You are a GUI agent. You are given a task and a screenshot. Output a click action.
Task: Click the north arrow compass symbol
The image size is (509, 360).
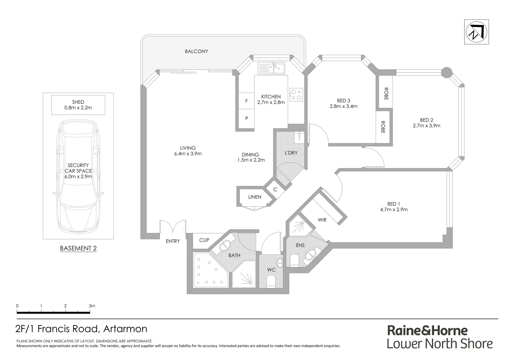(476, 32)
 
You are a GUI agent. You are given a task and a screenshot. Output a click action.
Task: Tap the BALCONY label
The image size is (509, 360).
(196, 51)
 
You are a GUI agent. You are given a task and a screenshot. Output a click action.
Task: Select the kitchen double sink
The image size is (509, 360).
(271, 68)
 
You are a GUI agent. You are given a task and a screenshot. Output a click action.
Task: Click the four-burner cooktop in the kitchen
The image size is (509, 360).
(296, 94)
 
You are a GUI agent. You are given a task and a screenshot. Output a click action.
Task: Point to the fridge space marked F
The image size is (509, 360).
(246, 101)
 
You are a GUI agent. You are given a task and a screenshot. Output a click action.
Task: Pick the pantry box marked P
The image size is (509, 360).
(246, 118)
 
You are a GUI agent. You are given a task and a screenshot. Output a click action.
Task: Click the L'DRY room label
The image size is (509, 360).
(291, 153)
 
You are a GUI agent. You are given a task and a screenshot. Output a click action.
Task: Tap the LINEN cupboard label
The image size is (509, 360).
(254, 197)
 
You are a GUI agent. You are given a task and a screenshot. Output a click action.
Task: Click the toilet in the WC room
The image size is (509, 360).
(271, 282)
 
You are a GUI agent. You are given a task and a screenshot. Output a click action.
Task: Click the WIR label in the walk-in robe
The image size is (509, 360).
(322, 220)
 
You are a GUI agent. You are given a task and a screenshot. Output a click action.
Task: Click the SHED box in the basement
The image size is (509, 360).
(78, 105)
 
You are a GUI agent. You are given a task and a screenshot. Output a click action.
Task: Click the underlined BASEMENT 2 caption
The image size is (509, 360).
(78, 248)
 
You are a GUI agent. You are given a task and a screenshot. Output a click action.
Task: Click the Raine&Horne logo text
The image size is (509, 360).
(427, 331)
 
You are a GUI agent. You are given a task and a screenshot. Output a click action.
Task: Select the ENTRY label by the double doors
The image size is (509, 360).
(173, 241)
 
